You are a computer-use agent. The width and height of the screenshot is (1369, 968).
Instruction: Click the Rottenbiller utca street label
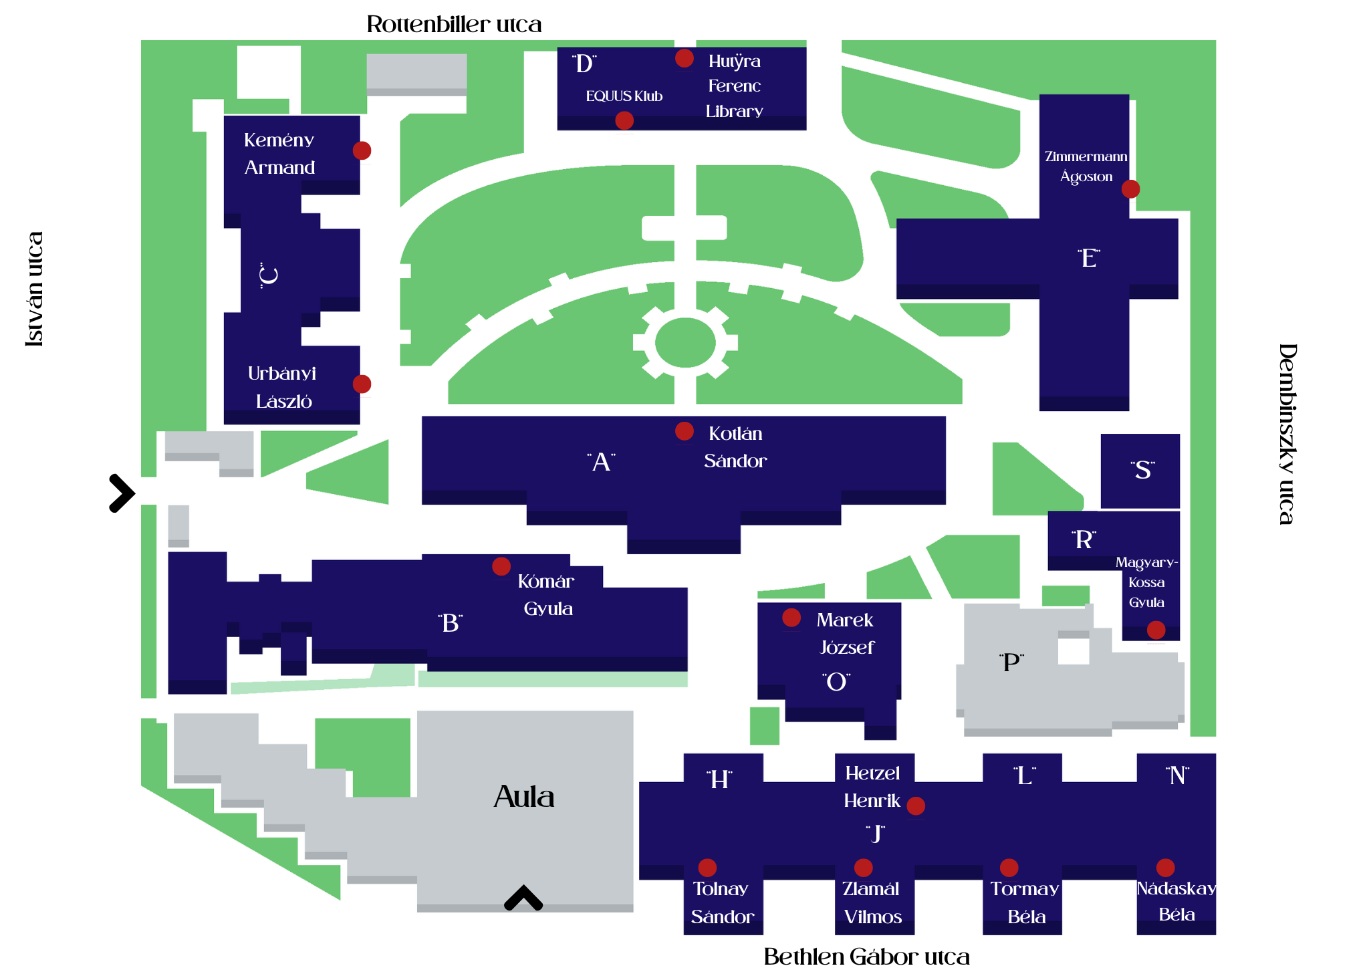click(x=454, y=25)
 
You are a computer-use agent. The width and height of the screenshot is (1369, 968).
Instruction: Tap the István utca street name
click(x=35, y=289)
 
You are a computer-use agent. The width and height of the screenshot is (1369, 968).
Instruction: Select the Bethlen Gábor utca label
click(x=866, y=957)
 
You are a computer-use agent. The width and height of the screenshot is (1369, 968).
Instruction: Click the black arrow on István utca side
click(x=122, y=493)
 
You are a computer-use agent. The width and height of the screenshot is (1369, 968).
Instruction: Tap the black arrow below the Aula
click(x=523, y=898)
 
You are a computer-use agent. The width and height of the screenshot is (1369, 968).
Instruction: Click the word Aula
click(x=524, y=797)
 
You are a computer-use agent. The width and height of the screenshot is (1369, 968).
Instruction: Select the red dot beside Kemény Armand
click(x=362, y=150)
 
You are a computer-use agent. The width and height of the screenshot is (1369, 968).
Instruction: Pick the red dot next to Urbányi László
click(x=362, y=384)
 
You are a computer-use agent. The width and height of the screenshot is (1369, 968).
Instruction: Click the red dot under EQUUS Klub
click(x=624, y=120)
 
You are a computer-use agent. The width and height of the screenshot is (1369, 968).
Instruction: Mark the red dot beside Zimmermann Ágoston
click(x=1130, y=189)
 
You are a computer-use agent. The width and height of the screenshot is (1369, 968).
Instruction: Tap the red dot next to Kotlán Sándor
click(x=684, y=431)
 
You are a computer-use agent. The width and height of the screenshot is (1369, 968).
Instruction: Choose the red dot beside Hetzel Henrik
click(x=916, y=806)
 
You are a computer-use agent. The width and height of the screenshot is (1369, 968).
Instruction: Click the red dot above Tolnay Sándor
click(x=707, y=868)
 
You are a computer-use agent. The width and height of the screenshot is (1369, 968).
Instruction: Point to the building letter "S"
click(x=1142, y=470)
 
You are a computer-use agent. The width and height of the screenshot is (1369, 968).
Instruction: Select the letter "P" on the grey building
click(x=1011, y=662)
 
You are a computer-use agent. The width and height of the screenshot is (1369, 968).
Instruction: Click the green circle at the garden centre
click(x=685, y=342)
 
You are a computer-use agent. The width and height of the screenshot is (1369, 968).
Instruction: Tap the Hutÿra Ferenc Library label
click(x=734, y=86)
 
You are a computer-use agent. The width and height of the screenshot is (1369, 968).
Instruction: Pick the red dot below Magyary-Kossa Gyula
click(x=1156, y=630)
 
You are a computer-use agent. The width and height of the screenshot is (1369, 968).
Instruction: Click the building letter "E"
click(x=1089, y=258)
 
